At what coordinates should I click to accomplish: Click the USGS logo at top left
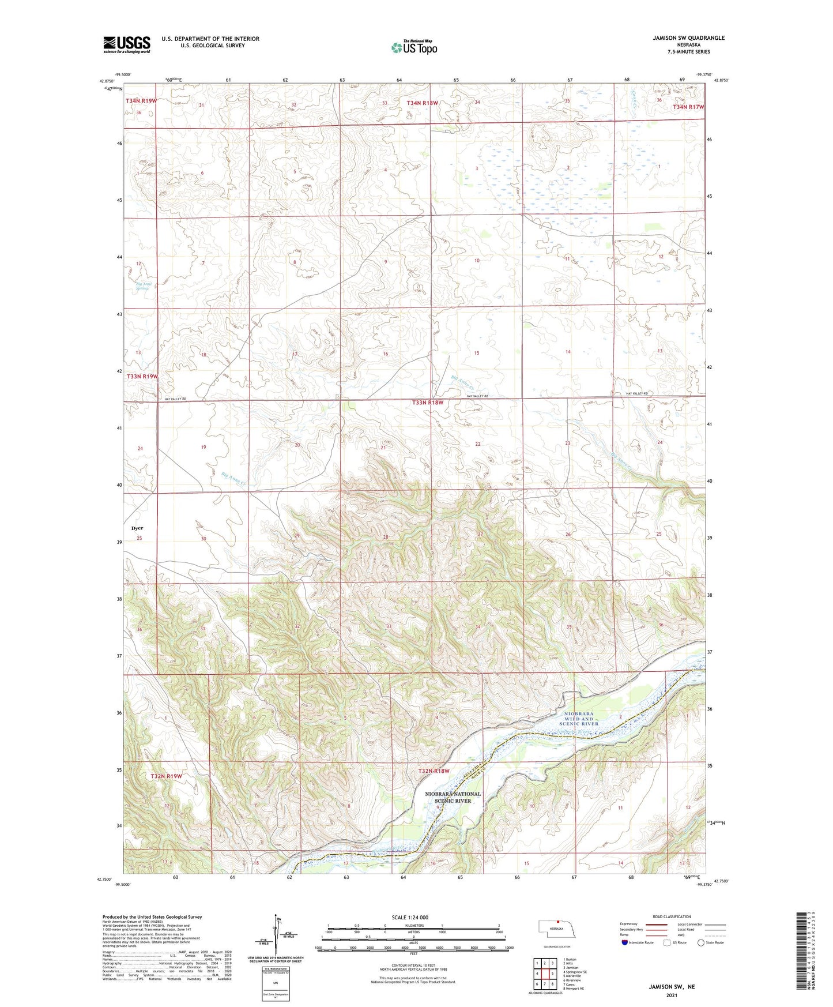127,44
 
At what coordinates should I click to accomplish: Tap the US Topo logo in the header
414,47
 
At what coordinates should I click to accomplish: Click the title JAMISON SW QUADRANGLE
680,38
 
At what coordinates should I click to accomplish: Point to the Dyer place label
137,528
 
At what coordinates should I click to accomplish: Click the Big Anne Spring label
142,285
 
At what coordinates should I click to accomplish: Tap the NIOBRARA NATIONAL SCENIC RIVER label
453,797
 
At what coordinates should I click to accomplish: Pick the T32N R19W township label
166,776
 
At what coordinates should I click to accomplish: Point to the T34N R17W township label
688,107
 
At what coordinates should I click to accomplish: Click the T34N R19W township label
141,101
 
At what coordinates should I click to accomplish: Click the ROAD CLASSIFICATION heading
672,916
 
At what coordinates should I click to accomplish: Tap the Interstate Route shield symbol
624,942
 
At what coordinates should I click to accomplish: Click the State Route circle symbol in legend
700,942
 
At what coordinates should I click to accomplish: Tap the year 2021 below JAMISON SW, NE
671,995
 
